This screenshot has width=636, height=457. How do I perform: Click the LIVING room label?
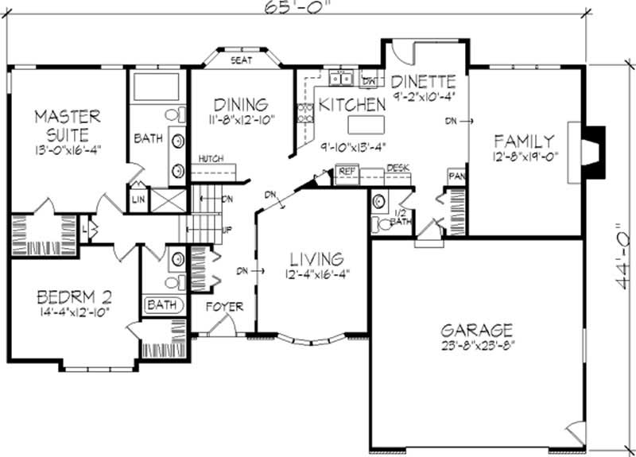pyautogui.click(x=316, y=259)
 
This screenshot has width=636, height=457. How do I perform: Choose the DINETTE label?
pyautogui.click(x=424, y=82)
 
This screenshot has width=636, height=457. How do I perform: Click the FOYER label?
pyautogui.click(x=224, y=306)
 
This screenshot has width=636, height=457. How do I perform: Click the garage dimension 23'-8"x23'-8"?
pyautogui.click(x=478, y=346)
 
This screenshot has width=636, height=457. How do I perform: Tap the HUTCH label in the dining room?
pyautogui.click(x=211, y=158)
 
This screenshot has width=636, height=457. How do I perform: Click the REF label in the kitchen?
pyautogui.click(x=347, y=171)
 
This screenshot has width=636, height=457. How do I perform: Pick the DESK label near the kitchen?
pyautogui.click(x=397, y=168)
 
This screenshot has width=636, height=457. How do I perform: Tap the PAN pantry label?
pyautogui.click(x=456, y=175)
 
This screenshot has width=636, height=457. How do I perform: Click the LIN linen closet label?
pyautogui.click(x=139, y=199)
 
